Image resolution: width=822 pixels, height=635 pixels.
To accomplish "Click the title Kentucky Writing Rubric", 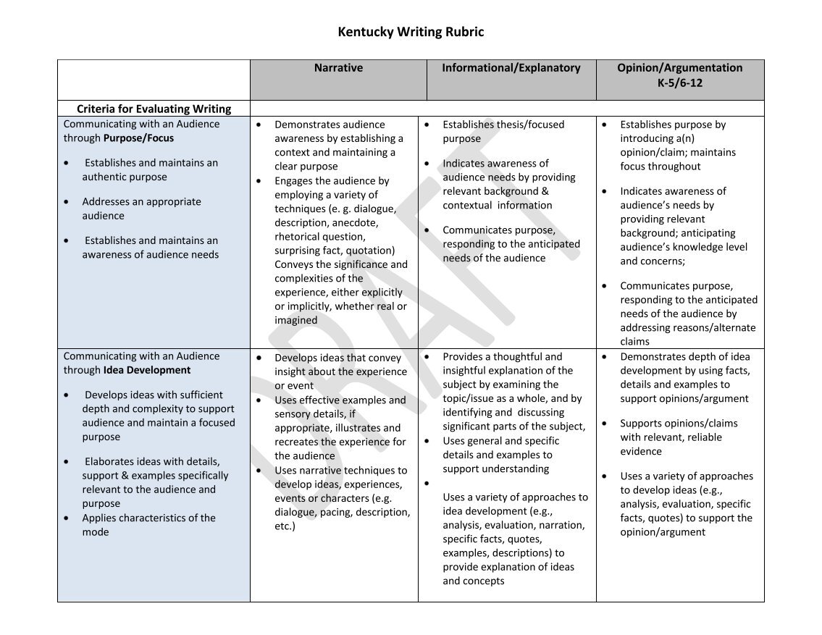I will (x=411, y=32).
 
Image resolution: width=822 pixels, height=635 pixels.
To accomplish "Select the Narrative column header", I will (x=338, y=68).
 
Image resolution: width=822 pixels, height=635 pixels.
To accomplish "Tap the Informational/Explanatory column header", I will (x=511, y=68).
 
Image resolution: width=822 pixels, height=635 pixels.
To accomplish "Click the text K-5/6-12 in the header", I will (x=679, y=83).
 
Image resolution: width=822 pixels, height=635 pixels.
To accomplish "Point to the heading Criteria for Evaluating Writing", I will (x=154, y=109).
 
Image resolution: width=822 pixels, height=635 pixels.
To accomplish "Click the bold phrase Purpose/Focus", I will (x=138, y=138).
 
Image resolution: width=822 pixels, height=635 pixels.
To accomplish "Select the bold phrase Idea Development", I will (x=147, y=370).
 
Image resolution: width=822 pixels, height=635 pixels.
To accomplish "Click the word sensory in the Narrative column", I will (x=294, y=414).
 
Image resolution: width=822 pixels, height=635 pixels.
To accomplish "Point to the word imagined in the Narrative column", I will (x=295, y=320).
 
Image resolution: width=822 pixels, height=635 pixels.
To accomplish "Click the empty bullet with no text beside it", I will (x=427, y=484).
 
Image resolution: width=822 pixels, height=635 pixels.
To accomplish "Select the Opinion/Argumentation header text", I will (x=679, y=68).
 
